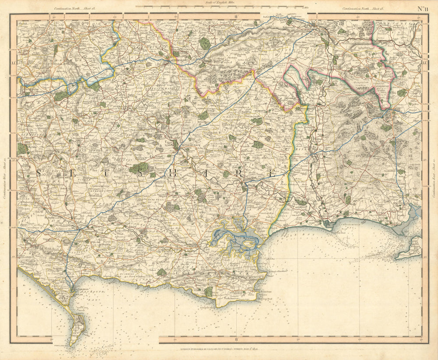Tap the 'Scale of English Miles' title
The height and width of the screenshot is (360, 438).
[220, 3]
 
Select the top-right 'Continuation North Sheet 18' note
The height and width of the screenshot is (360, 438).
[364, 8]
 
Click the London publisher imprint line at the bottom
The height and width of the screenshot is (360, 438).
[219, 349]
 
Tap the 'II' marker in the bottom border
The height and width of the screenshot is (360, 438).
[236, 339]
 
